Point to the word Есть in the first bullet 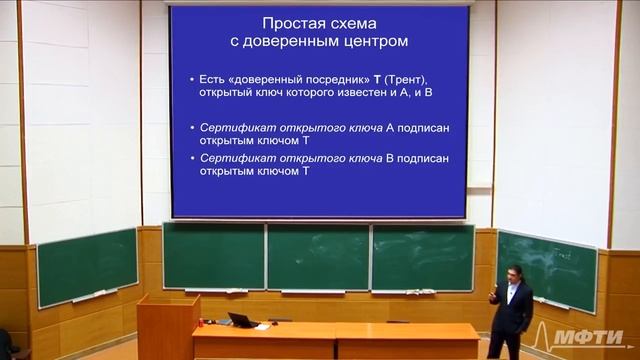coord(213,78)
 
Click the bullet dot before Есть coord(192,78)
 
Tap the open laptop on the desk coord(241,320)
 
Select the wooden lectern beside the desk coord(166,330)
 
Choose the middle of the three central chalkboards coord(318,256)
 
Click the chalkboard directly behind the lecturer coord(546,268)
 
